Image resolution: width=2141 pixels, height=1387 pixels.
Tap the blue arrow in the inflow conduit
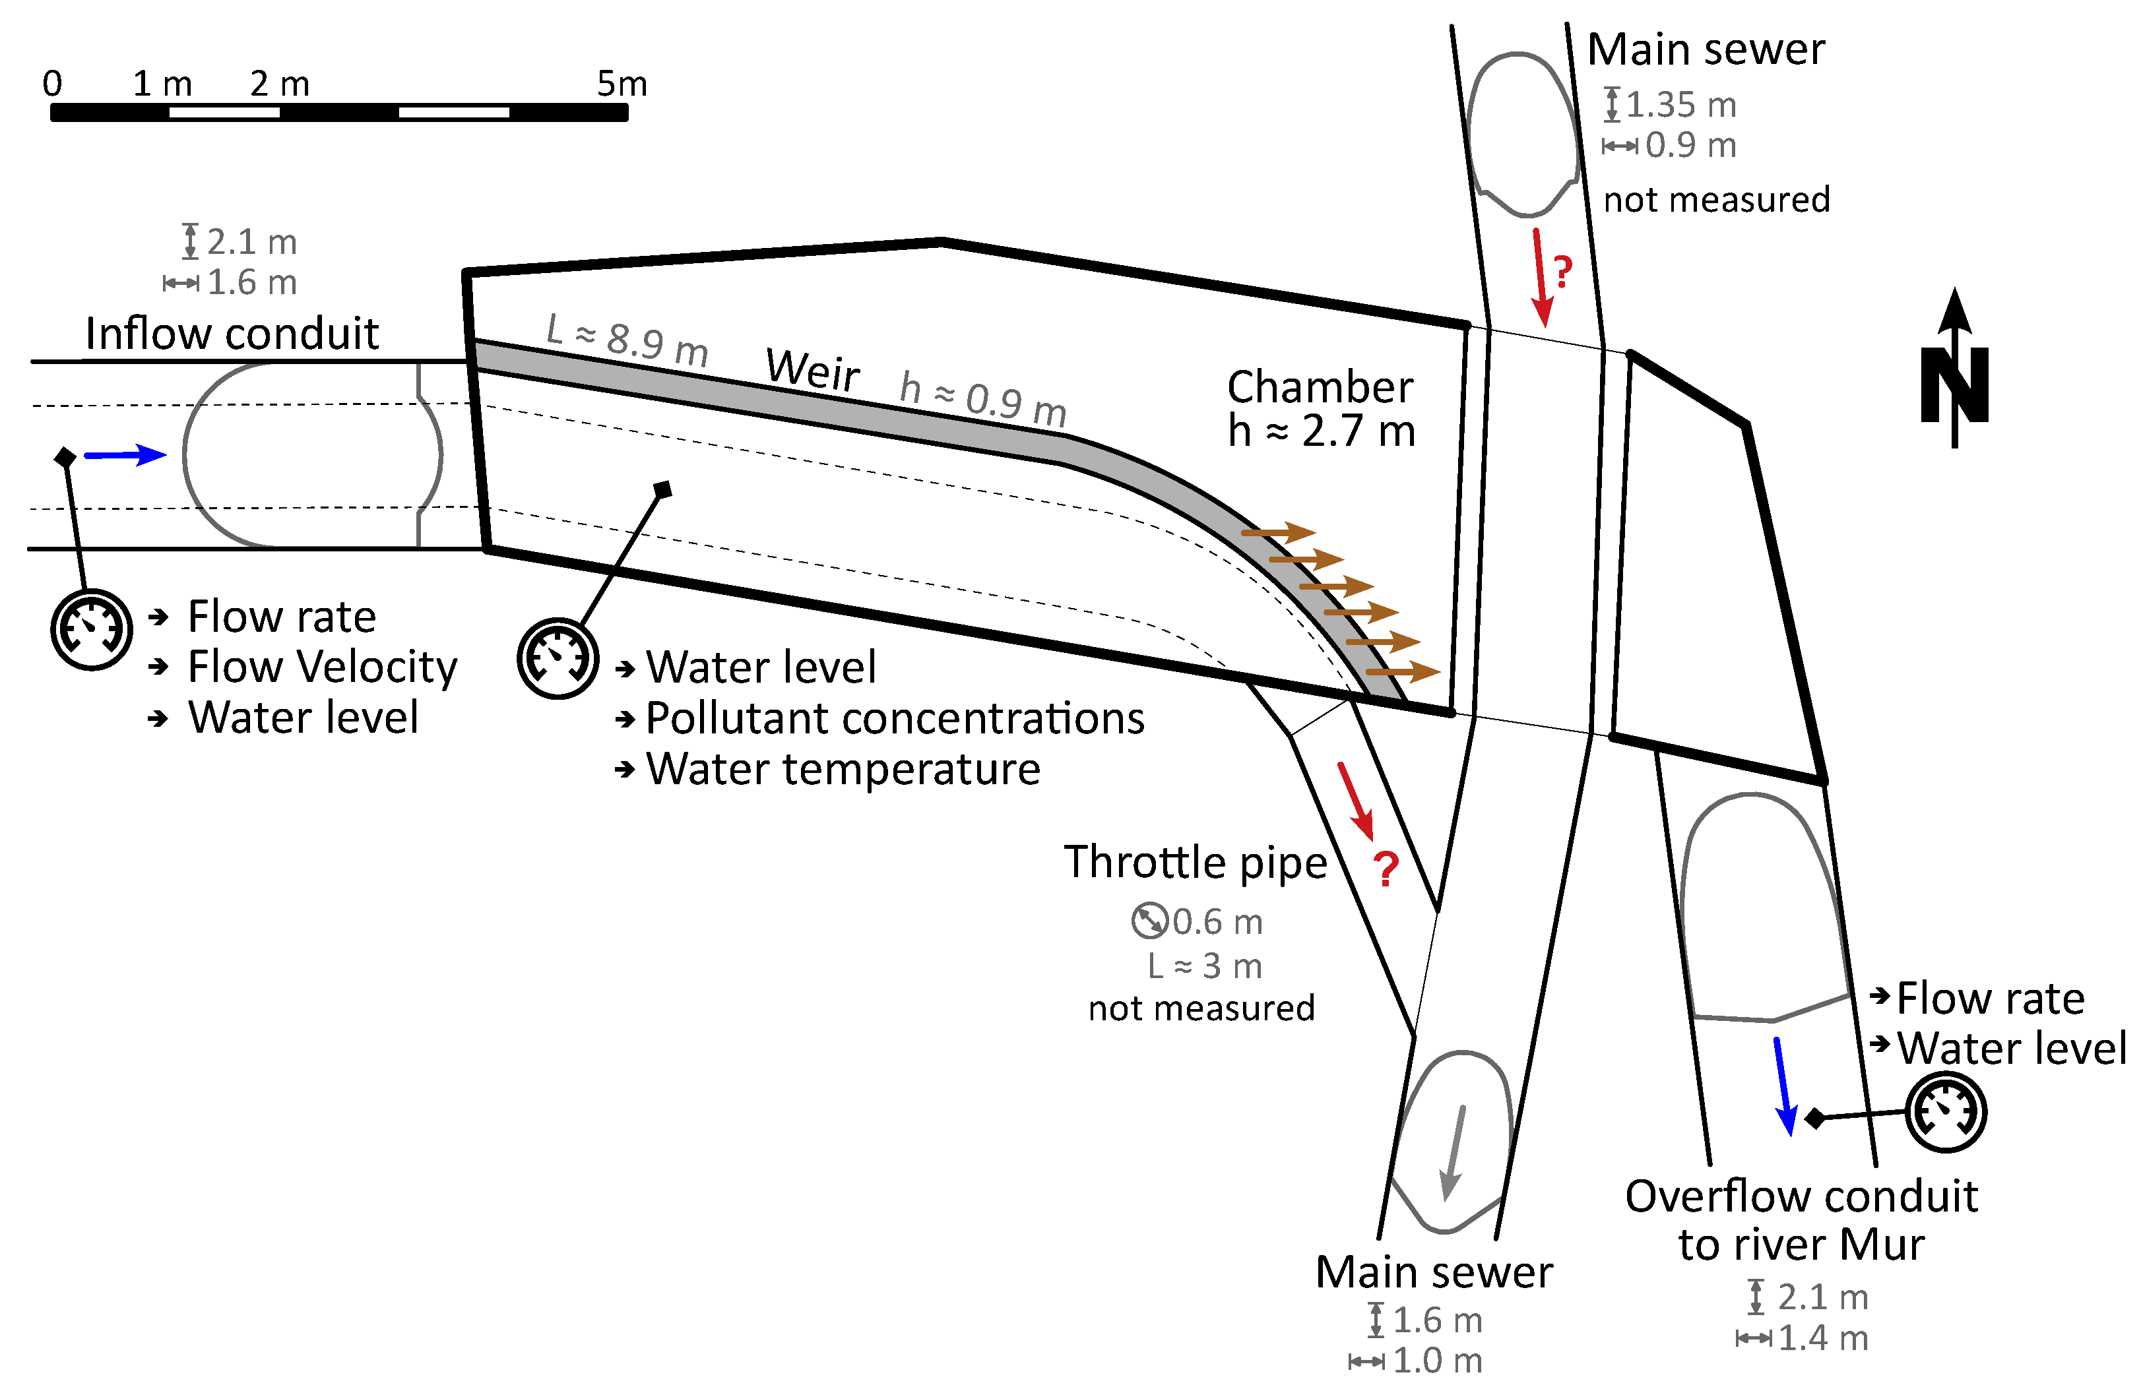(125, 455)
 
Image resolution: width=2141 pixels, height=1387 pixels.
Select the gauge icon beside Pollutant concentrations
(558, 658)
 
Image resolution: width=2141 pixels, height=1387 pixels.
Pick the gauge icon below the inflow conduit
(92, 630)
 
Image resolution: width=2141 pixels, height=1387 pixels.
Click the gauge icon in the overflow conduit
(1946, 1113)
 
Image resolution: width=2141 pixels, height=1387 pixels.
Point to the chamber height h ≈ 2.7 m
(1322, 431)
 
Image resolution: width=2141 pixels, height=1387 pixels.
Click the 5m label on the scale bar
(622, 84)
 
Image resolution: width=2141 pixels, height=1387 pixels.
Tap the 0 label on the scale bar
(52, 84)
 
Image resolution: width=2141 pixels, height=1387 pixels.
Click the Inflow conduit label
(232, 334)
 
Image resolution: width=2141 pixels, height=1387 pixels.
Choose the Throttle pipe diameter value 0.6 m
(1217, 921)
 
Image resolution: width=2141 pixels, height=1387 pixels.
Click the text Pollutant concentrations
(895, 718)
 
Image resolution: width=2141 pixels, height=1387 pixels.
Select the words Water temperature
(843, 769)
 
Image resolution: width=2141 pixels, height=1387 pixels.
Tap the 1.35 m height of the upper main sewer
(1680, 106)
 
